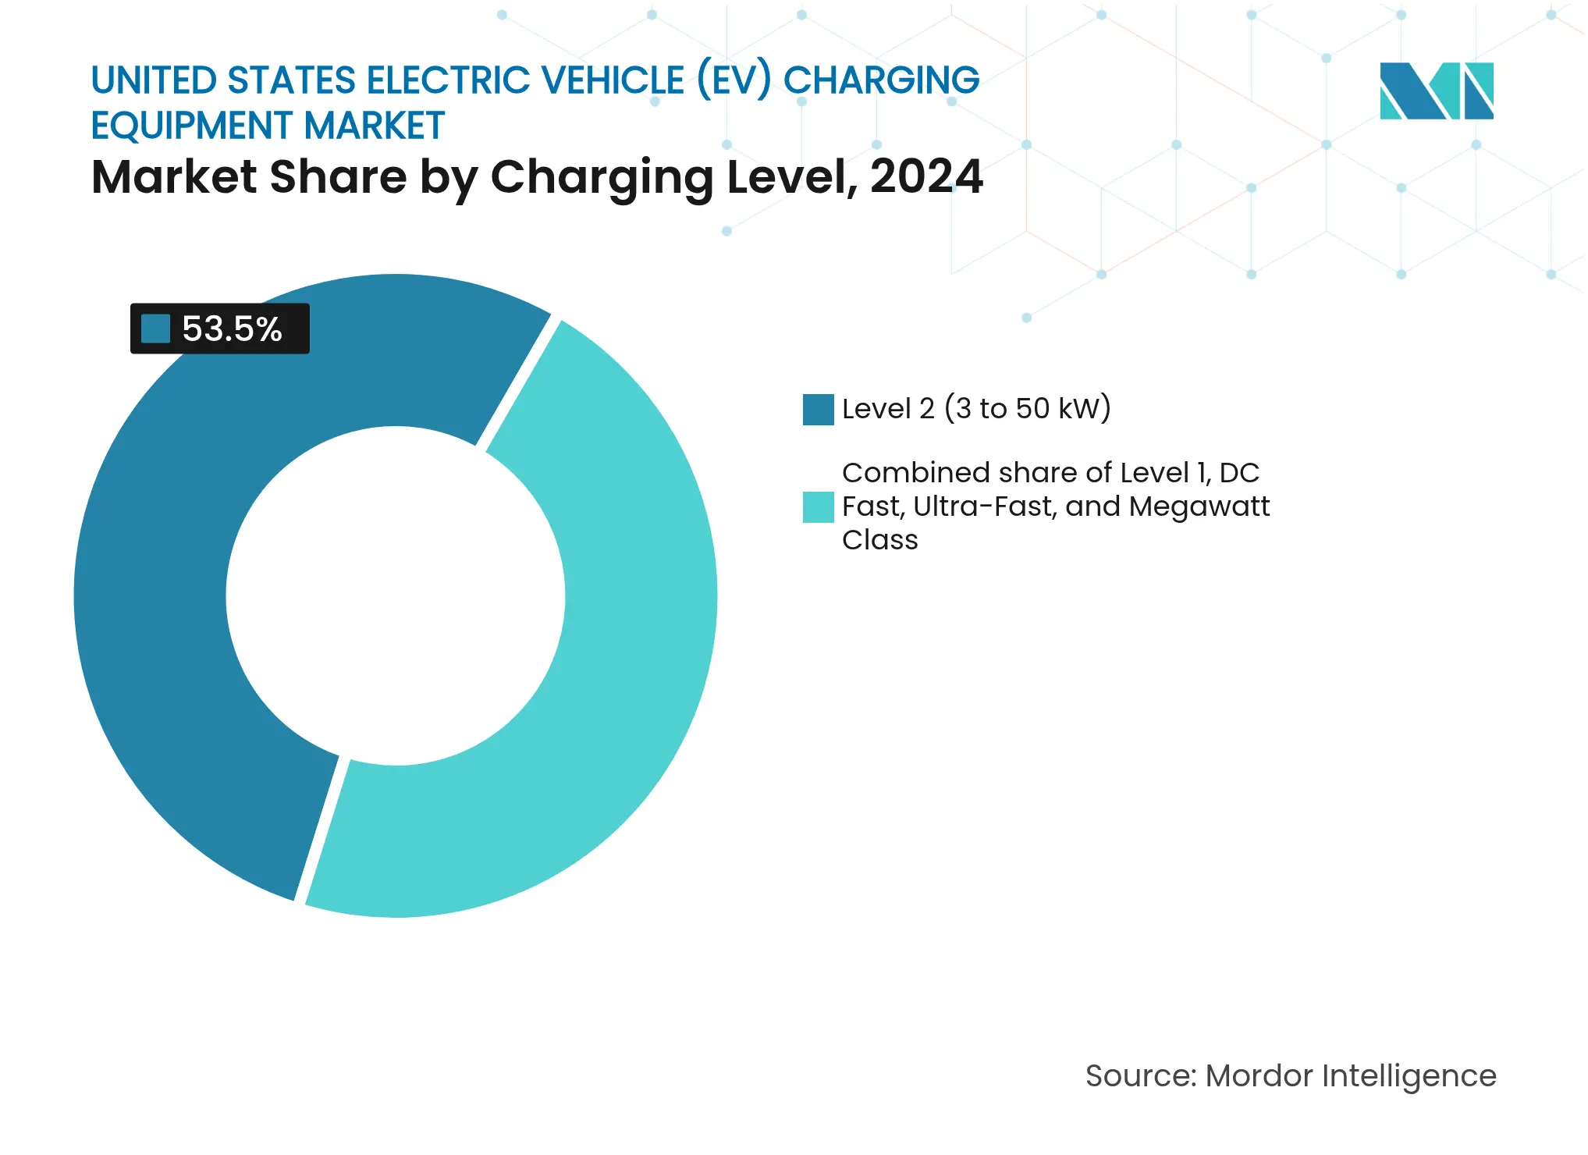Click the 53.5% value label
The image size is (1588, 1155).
pos(232,329)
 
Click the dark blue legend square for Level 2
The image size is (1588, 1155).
pos(818,410)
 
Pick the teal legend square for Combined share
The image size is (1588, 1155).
pos(818,507)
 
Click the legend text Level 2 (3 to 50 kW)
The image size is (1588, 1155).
pos(975,409)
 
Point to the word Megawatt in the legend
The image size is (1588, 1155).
pos(1199,506)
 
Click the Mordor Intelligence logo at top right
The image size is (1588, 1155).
pos(1436,91)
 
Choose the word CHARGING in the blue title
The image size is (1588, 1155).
pos(881,80)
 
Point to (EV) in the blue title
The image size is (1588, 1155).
pos(734,80)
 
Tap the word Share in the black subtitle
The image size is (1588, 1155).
pos(338,176)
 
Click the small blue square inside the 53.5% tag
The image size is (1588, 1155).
pos(155,329)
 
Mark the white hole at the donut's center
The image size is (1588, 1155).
pos(396,595)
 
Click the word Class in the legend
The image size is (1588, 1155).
pos(879,540)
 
